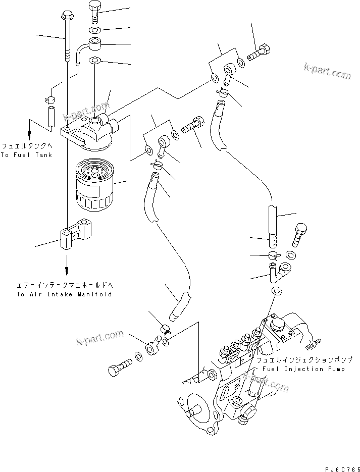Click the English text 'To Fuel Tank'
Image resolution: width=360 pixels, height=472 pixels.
point(26,155)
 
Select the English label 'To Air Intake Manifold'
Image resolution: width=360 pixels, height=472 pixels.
point(64,294)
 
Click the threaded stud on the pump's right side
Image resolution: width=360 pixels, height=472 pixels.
point(314,344)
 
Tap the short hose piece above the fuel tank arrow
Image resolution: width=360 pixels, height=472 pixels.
point(52,116)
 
